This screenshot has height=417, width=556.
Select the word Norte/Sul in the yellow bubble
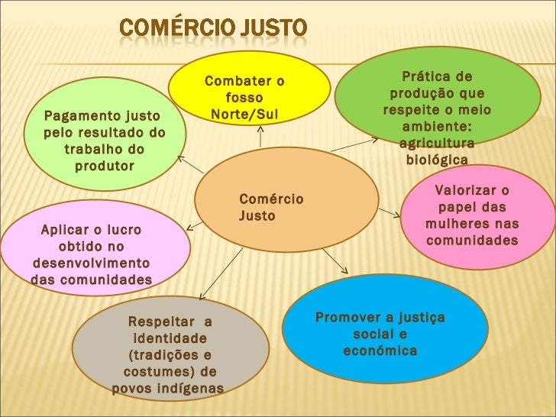(244, 115)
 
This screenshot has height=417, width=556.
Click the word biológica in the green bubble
(436, 160)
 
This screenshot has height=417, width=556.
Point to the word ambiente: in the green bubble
(437, 127)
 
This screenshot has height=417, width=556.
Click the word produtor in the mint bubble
(104, 166)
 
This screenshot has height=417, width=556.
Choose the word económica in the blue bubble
(380, 351)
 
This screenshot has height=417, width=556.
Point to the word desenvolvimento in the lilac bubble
(91, 263)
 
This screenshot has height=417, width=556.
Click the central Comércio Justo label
(270, 207)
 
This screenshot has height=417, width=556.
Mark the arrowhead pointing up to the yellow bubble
(260, 129)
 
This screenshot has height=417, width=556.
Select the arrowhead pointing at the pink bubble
(396, 215)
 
